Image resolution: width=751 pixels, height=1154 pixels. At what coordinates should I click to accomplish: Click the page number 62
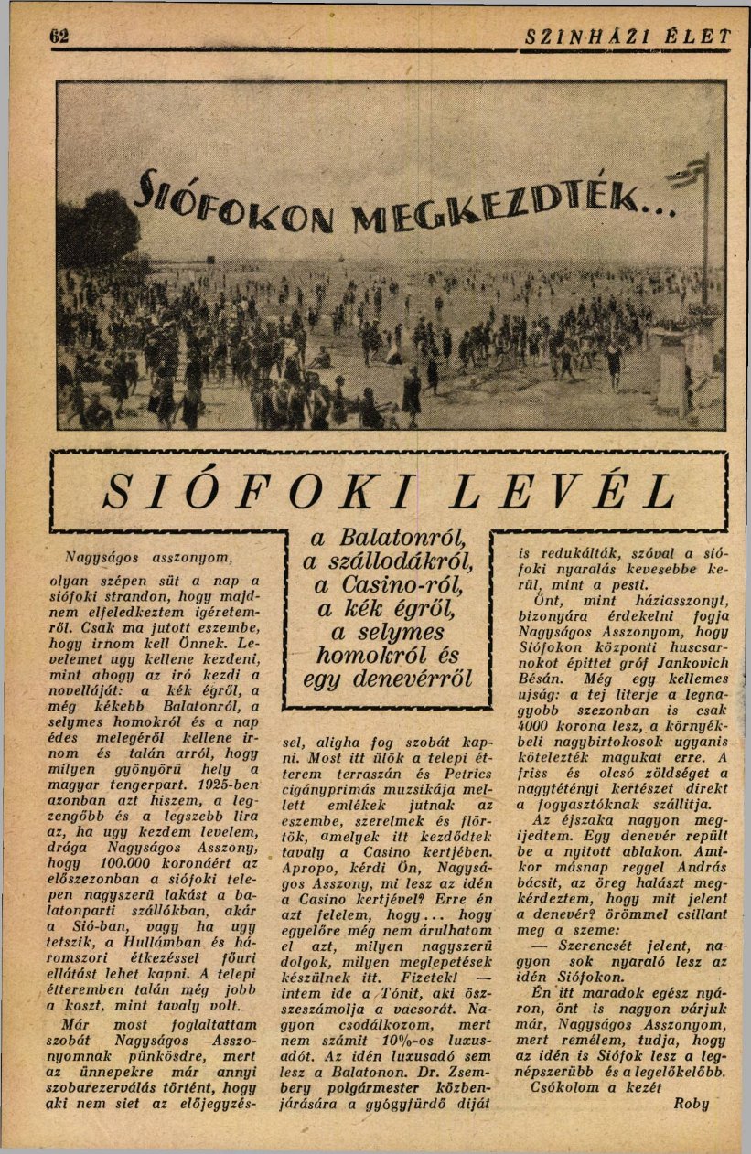click(x=61, y=37)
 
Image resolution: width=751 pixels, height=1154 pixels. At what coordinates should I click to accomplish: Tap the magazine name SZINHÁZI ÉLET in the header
click(x=630, y=37)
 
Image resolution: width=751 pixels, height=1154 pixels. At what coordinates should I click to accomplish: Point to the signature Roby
click(x=691, y=1103)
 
